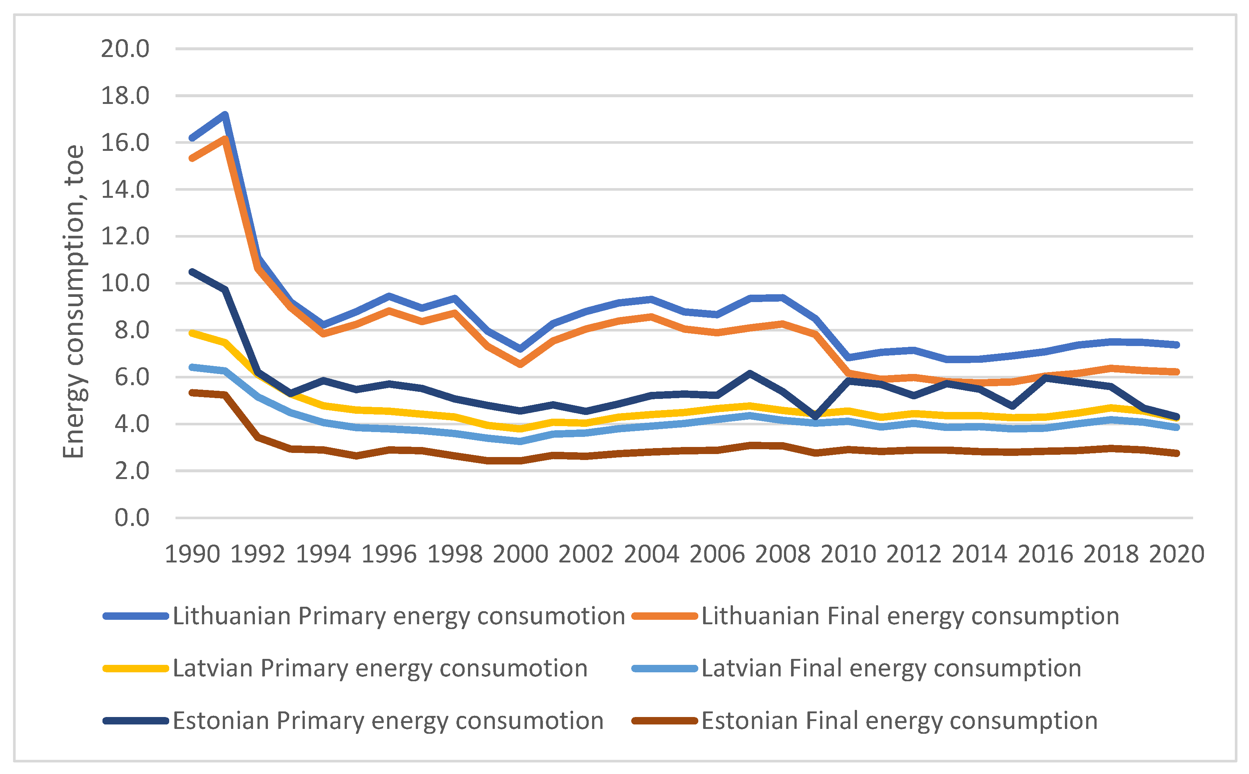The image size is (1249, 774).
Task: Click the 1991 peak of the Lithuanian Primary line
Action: click(225, 115)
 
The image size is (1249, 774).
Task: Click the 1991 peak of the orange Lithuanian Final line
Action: click(225, 139)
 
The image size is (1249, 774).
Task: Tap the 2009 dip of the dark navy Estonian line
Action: click(816, 417)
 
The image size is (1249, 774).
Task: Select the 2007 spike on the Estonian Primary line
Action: click(750, 374)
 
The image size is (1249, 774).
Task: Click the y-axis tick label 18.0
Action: click(125, 96)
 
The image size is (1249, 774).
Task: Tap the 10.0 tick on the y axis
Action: click(125, 283)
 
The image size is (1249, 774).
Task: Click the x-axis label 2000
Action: click(520, 554)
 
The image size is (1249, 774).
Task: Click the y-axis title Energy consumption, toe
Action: click(74, 302)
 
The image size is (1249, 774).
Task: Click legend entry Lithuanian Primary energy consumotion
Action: click(398, 616)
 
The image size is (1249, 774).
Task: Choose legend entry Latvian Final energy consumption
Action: click(891, 668)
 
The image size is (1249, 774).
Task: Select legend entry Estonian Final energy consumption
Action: click(899, 721)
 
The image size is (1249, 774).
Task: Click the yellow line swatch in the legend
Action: click(136, 669)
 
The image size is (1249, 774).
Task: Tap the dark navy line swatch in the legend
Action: click(136, 721)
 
